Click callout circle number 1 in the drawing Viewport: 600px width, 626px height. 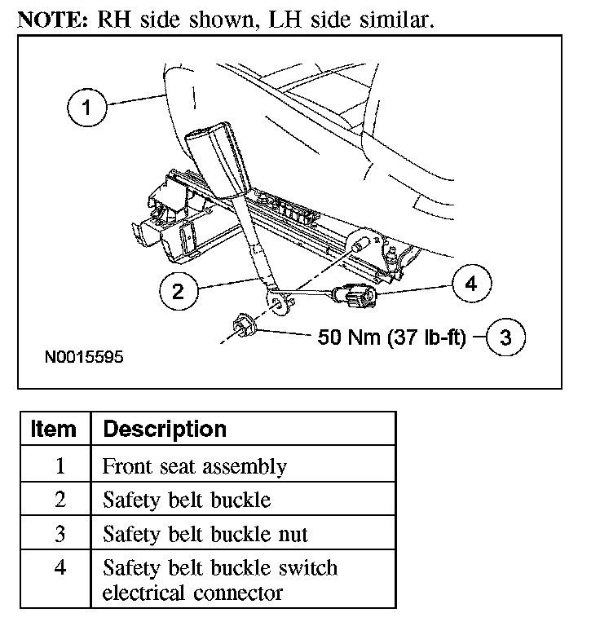87,108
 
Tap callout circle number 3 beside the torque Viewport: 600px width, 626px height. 505,337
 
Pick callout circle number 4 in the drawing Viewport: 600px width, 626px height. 470,284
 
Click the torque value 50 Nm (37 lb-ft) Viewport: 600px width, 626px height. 390,337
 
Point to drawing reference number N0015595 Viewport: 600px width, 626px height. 84,358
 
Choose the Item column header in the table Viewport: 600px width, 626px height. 54,429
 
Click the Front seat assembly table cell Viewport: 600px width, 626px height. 194,467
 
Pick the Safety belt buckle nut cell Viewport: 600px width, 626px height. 205,534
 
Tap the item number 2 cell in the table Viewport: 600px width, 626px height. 59,500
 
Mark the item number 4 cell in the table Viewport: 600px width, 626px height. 59,568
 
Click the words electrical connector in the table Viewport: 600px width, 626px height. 192,592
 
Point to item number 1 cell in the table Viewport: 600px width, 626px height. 59,467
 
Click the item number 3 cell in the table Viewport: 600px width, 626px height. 59,534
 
